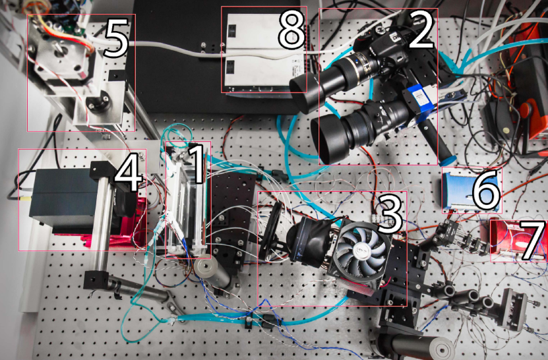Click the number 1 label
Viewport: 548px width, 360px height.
pos(197,164)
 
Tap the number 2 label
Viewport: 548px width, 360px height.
pos(421,28)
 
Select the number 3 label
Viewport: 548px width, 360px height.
pos(390,214)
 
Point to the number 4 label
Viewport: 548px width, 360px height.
pos(129,171)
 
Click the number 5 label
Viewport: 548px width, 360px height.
pos(116,38)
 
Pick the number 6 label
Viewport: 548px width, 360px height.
pos(485,190)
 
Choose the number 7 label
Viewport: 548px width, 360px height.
pos(532,240)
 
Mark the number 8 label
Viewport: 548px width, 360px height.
pos(291,29)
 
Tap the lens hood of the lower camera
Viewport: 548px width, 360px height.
pos(326,140)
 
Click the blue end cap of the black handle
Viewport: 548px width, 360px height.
pos(448,160)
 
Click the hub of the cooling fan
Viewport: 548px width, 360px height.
pos(361,251)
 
